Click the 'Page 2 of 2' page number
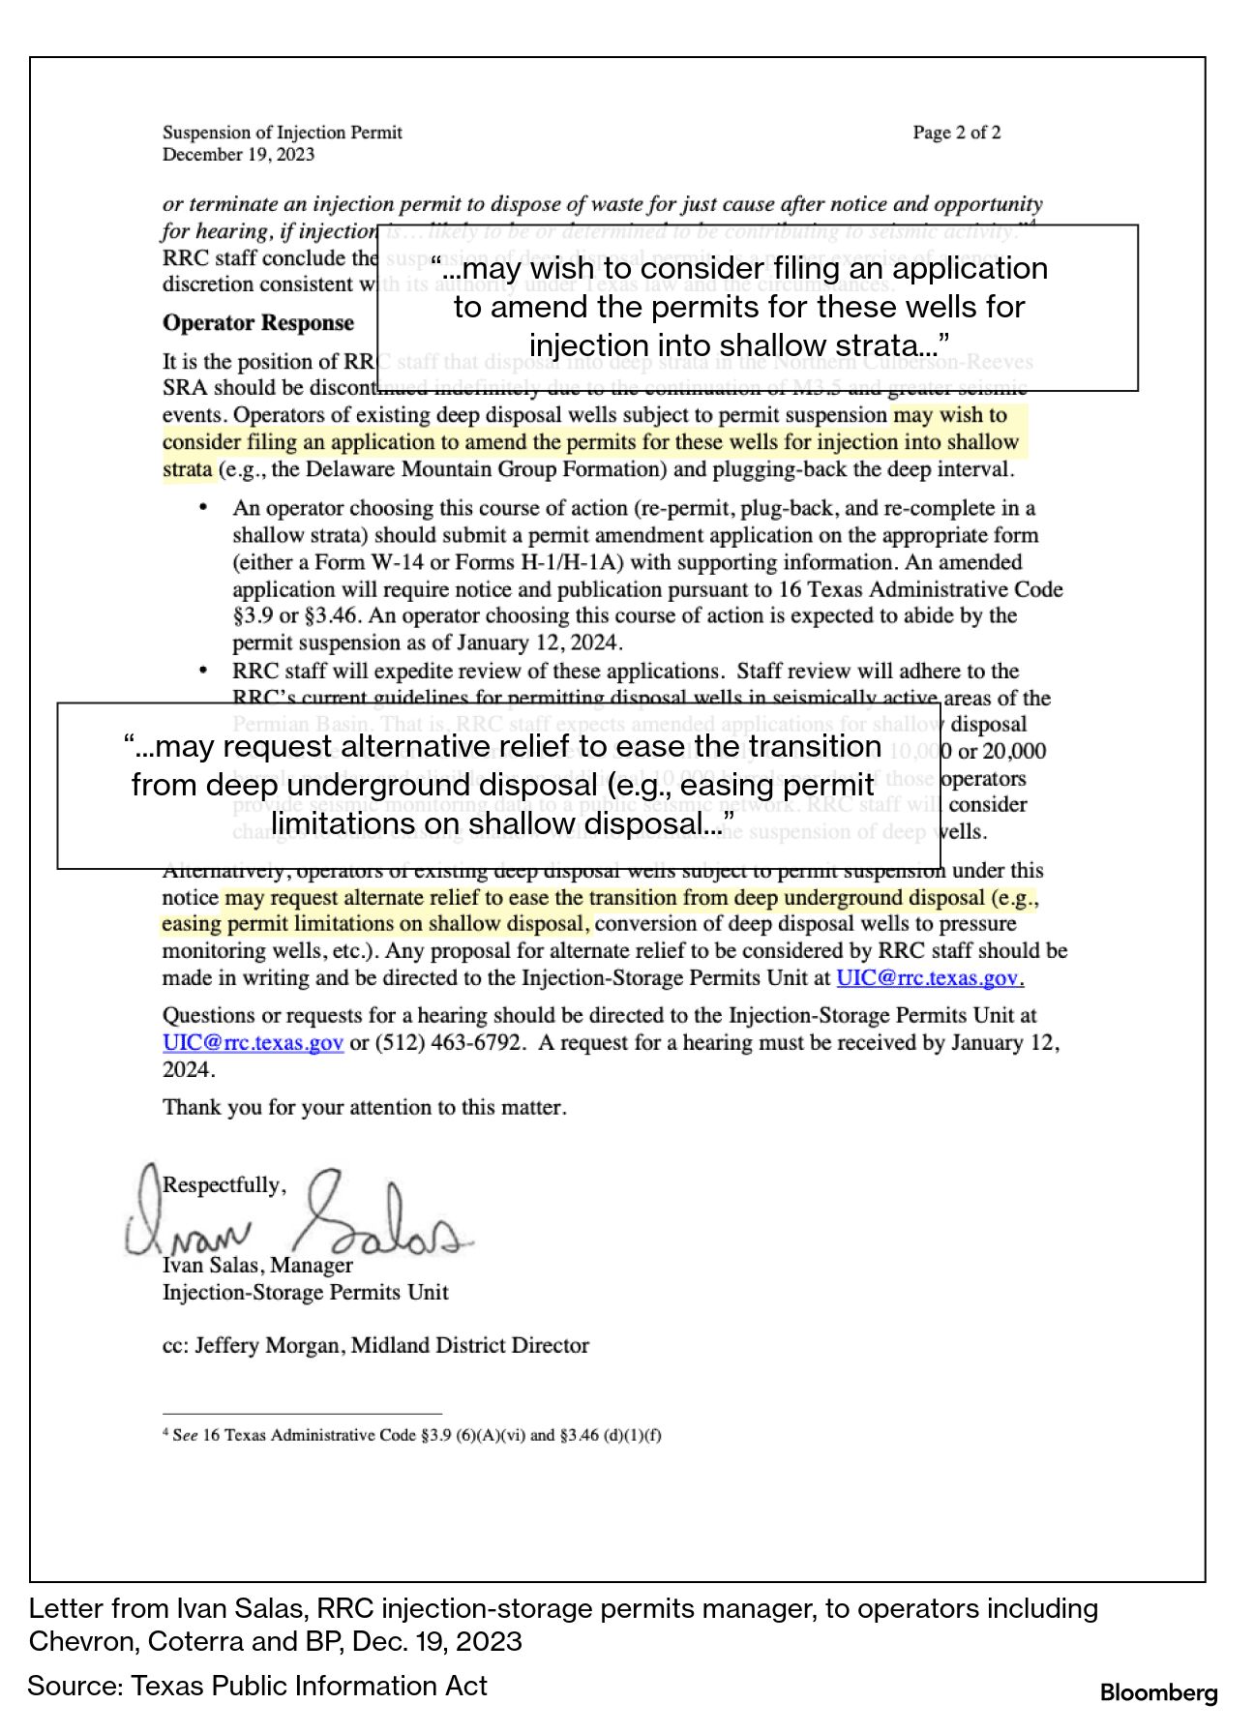point(956,133)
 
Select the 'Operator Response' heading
point(257,323)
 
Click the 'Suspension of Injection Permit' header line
point(282,133)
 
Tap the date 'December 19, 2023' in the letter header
point(238,155)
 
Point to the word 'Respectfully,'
point(224,1185)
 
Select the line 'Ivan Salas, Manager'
point(257,1266)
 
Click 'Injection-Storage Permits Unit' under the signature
point(305,1293)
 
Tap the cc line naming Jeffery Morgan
point(375,1346)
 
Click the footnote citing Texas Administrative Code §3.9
point(412,1435)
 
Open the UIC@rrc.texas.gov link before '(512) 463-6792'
point(253,1043)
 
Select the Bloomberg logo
point(1158,1693)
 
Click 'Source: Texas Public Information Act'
point(257,1687)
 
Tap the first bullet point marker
point(202,508)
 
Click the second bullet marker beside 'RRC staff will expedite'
point(202,671)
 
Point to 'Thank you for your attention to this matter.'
point(364,1108)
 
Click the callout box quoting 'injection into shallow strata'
point(757,308)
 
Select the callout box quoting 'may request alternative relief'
point(499,785)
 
